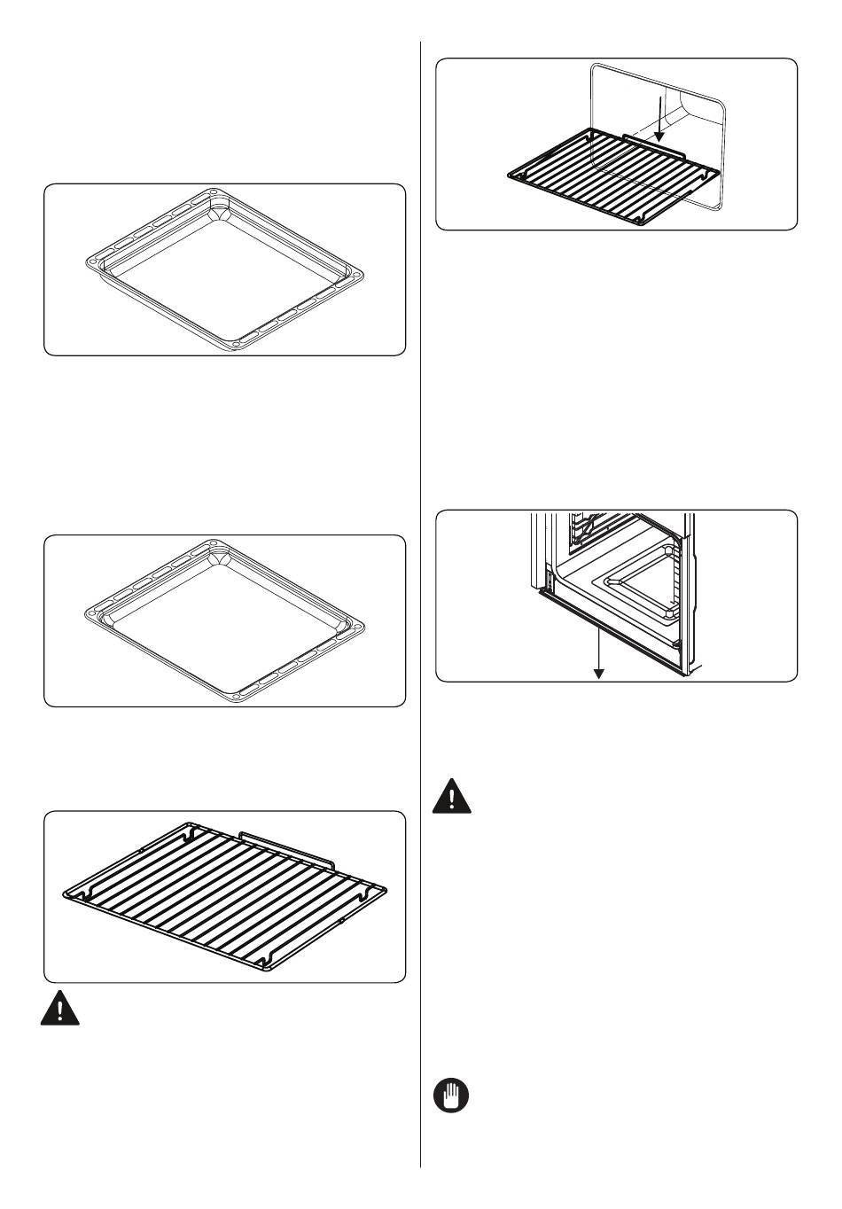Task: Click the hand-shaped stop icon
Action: [x=451, y=1097]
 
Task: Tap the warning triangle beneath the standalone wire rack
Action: [x=59, y=1010]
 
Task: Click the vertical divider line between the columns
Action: [x=420, y=603]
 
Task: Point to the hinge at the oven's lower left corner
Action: [x=546, y=582]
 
